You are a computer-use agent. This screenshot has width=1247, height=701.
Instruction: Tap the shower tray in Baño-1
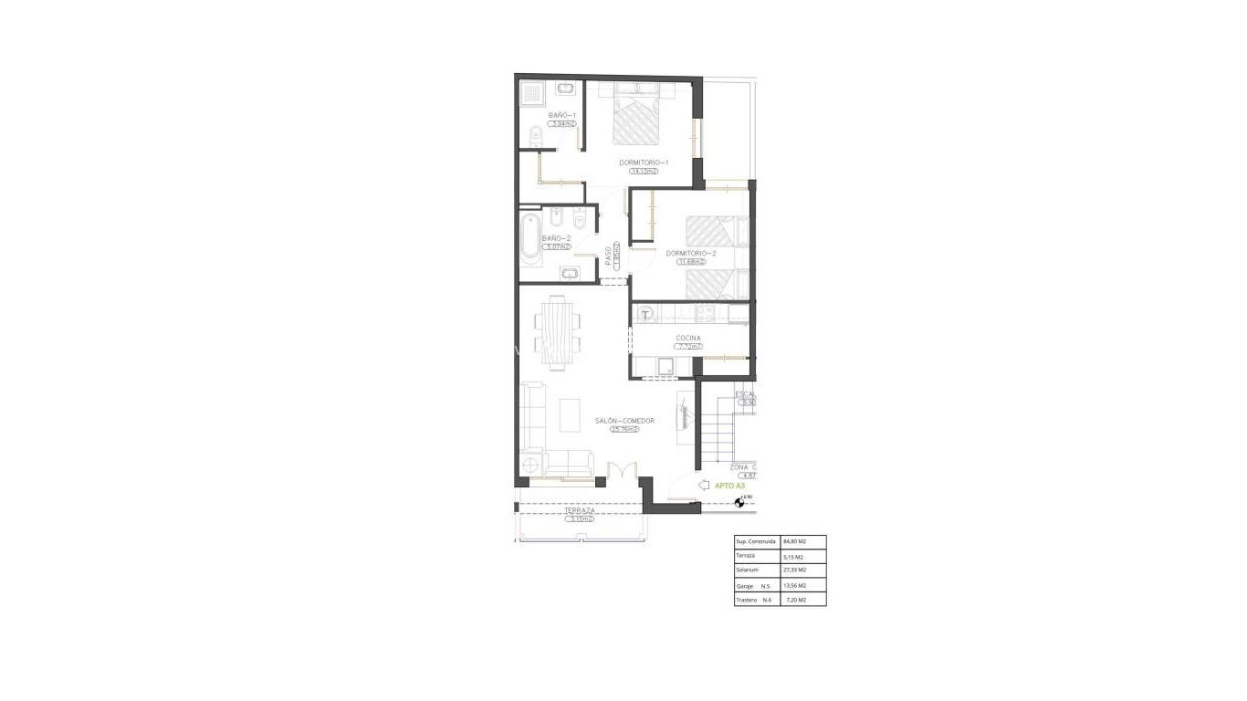[x=531, y=93]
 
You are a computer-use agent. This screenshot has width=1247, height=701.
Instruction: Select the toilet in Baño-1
[x=535, y=138]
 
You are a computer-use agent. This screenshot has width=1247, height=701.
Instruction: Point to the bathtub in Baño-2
[x=530, y=239]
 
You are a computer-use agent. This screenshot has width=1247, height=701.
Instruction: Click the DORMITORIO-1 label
[x=644, y=162]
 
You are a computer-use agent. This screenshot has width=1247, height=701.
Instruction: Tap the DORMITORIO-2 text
[x=691, y=253]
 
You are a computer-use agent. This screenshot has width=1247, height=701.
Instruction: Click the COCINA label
[x=688, y=338]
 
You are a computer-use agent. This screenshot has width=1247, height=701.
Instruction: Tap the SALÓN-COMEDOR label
[x=624, y=421]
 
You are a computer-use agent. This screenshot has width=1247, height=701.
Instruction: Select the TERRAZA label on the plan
[x=579, y=510]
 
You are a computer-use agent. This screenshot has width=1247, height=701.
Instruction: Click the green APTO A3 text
[x=729, y=487]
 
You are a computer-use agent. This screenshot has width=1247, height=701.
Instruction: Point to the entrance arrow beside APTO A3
[x=703, y=487]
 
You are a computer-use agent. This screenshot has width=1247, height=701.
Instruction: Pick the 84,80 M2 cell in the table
[x=795, y=541]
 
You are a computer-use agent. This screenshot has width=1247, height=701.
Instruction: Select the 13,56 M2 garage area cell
[x=795, y=585]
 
